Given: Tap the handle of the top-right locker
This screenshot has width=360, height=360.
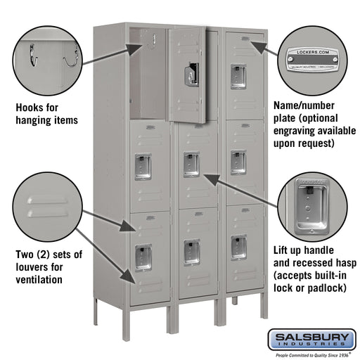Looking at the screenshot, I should click(238, 76).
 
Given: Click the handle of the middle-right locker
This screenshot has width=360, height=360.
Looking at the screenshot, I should click(238, 161).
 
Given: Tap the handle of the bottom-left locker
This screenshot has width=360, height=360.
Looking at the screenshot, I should click(143, 257).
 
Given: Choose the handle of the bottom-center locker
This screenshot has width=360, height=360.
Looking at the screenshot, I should click(191, 252).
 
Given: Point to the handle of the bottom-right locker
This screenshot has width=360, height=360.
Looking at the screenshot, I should click(238, 247).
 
